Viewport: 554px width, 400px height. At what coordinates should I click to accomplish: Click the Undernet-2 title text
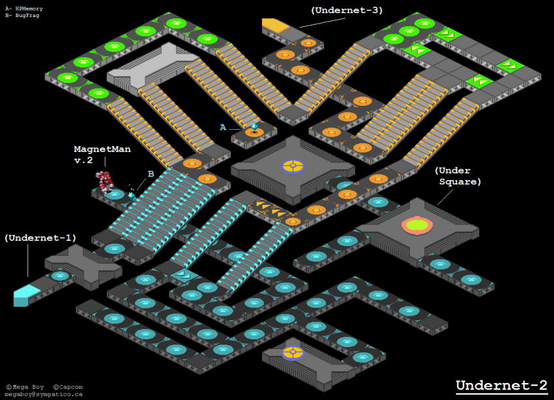point(501,385)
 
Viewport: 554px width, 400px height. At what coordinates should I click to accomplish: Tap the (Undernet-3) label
point(346,10)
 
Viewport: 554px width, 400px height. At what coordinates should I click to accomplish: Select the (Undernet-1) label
point(40,238)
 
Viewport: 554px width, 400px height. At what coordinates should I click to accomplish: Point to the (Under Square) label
point(458,176)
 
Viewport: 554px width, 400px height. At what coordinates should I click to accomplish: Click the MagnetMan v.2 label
point(102,155)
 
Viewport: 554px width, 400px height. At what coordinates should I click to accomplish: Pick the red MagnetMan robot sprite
point(104,181)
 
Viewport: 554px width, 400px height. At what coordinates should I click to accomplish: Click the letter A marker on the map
point(223,128)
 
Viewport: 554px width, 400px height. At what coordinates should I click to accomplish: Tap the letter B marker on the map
point(151,174)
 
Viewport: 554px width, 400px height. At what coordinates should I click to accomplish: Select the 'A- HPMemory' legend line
point(24,8)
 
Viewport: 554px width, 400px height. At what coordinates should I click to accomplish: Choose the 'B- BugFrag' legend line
point(22,14)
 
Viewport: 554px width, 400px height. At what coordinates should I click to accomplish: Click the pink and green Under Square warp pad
point(417,225)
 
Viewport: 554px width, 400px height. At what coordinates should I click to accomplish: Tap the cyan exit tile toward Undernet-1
point(26,294)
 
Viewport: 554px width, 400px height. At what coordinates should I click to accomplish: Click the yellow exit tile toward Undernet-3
point(275,25)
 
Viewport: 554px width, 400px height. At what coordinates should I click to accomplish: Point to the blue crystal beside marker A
point(254,127)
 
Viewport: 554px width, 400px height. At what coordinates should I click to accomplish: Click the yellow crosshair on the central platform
point(293,166)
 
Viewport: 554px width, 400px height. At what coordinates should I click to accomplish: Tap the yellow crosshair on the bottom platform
point(293,353)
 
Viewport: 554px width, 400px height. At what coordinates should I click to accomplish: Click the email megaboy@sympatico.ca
point(44,394)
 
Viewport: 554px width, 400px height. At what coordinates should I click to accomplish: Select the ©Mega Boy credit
point(25,387)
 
